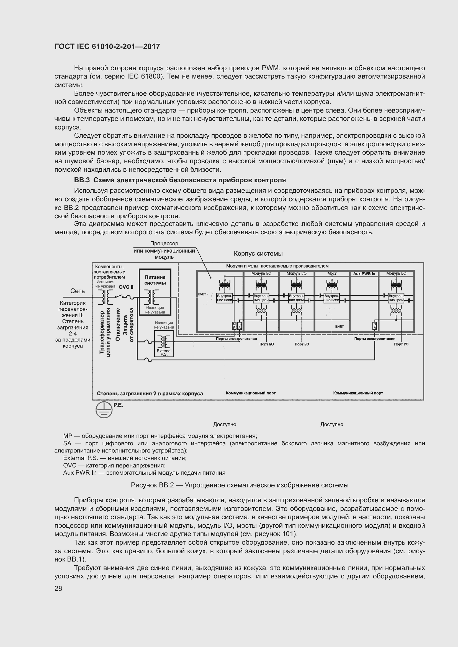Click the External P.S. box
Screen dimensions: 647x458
click(164, 344)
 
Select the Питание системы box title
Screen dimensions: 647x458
click(155, 280)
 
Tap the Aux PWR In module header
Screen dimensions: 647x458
click(364, 274)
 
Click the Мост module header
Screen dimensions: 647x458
click(332, 273)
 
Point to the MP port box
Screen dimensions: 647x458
click(234, 326)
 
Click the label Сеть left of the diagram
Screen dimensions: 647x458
click(78, 291)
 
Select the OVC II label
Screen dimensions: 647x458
click(126, 287)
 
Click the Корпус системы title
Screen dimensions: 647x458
click(258, 254)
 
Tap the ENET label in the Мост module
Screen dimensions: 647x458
click(339, 327)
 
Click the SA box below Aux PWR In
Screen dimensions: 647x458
click(375, 326)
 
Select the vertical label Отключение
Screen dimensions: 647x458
click(118, 325)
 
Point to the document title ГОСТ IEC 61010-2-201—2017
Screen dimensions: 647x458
click(107, 46)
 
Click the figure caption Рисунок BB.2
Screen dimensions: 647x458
click(240, 485)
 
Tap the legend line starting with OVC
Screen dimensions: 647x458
click(114, 466)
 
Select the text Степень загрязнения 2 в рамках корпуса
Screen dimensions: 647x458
click(150, 393)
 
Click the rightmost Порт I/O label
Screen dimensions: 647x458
click(401, 344)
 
